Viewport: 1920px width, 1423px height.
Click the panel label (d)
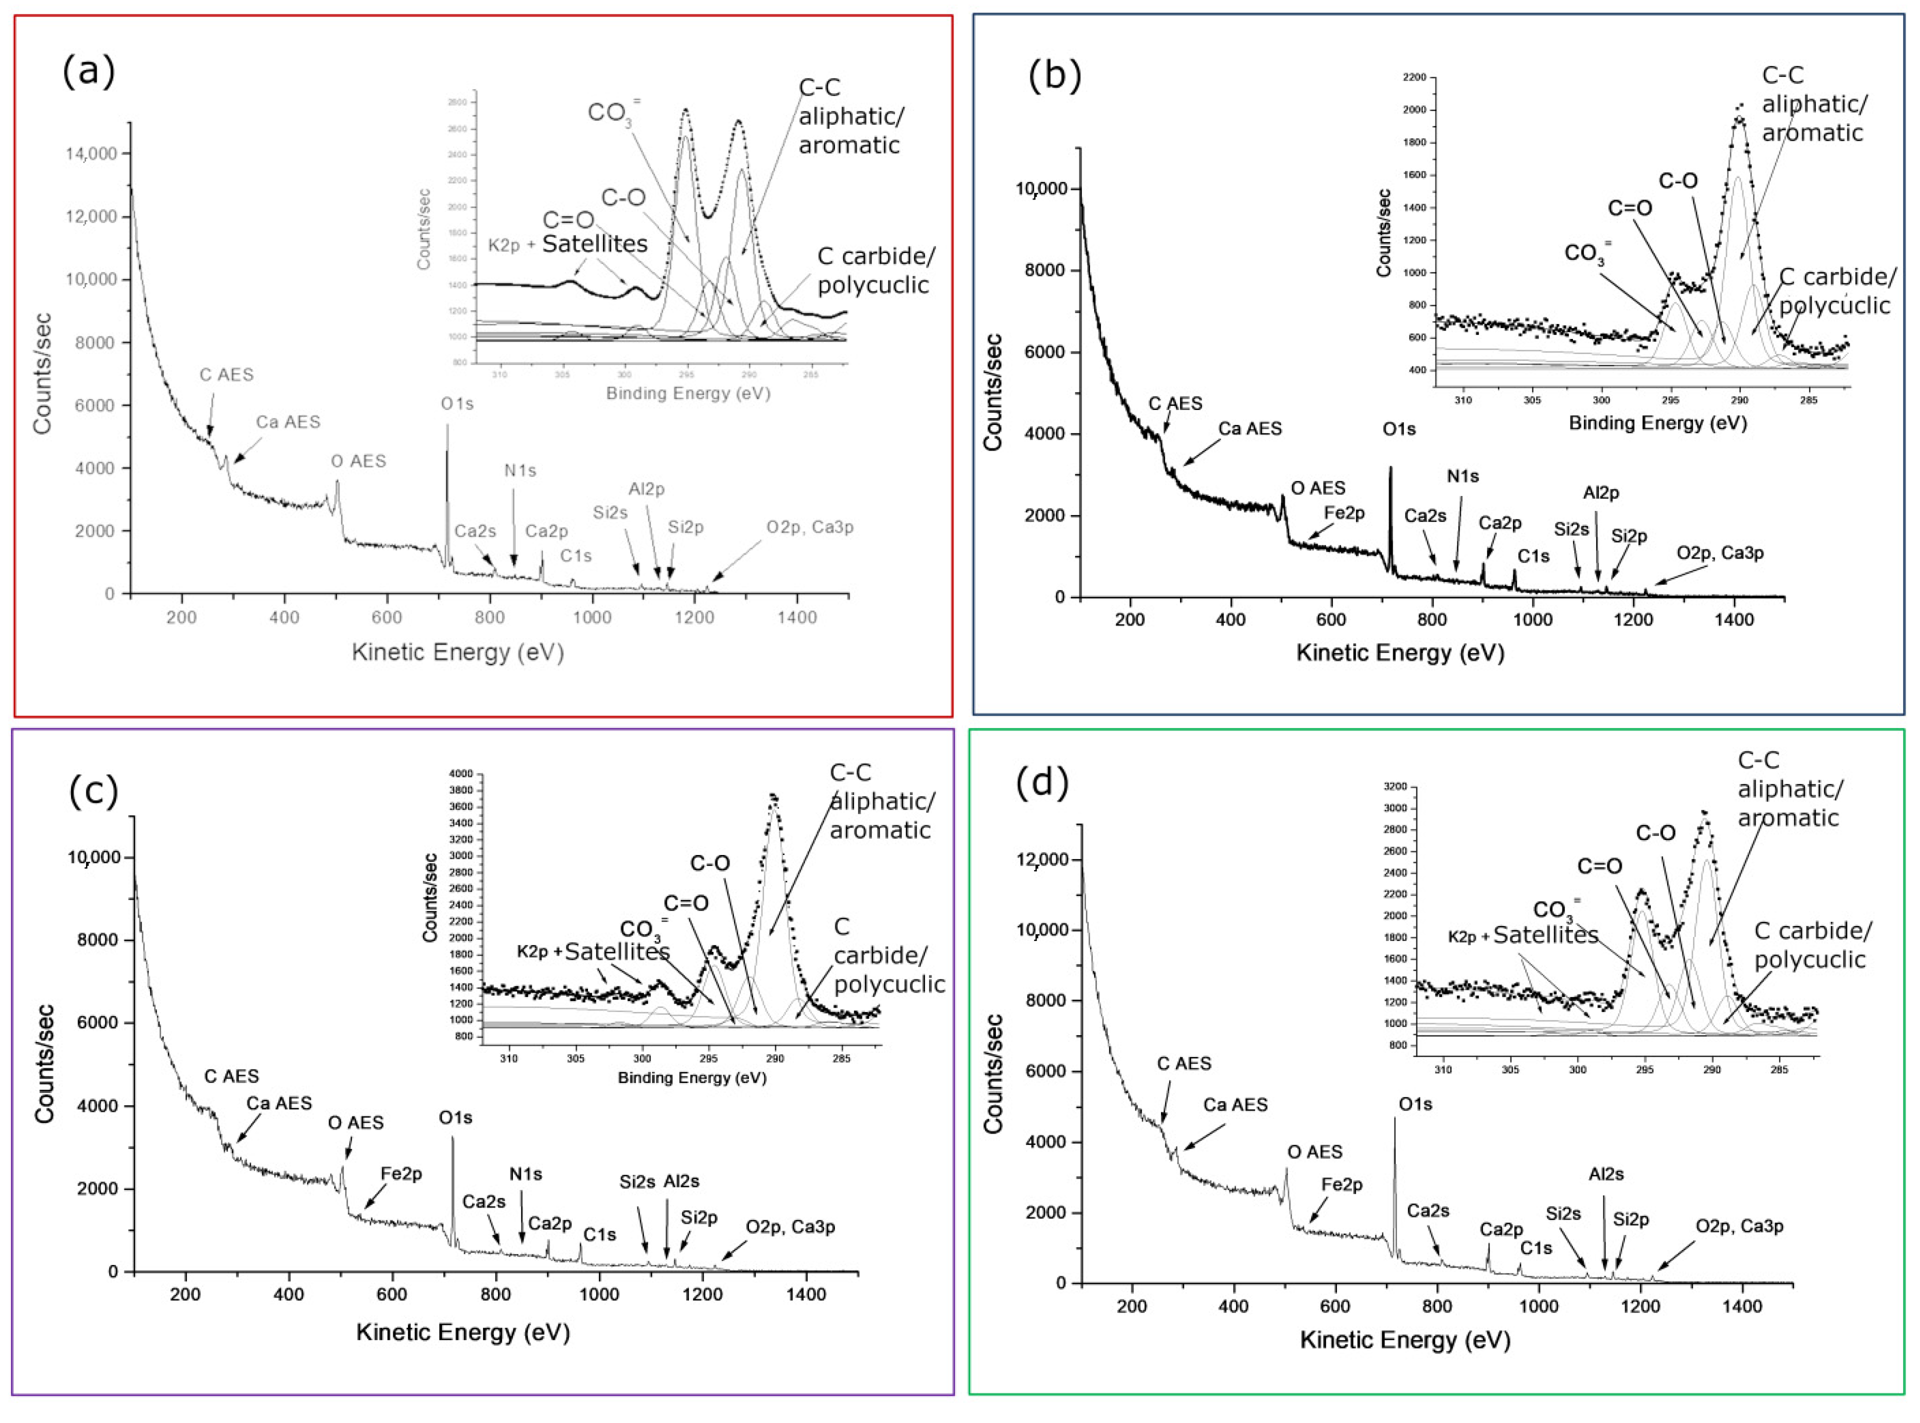coord(1042,781)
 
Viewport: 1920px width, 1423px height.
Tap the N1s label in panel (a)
coord(520,470)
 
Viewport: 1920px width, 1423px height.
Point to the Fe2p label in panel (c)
coord(401,1173)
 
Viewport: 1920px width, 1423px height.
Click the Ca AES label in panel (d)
coord(1235,1104)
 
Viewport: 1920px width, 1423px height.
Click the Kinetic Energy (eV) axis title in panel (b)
coord(1399,653)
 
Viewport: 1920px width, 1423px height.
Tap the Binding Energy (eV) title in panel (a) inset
coord(688,393)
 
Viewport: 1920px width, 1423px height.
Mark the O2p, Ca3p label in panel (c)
coord(790,1226)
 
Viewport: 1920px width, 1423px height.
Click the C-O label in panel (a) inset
coord(623,197)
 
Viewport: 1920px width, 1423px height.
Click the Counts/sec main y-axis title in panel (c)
coord(45,1064)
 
